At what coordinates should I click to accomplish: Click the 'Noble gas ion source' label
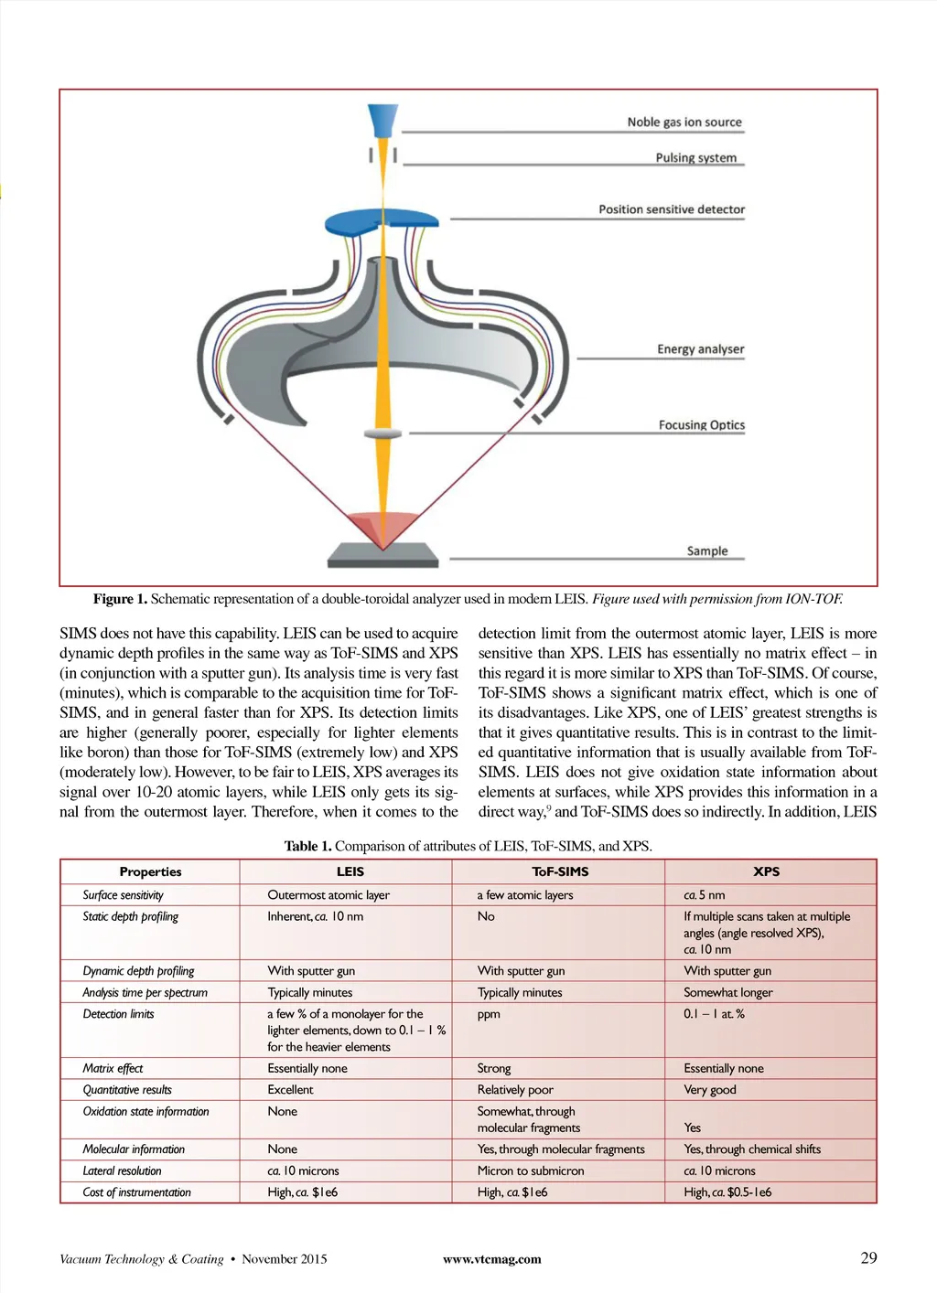(x=684, y=122)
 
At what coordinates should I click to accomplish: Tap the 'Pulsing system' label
(x=695, y=157)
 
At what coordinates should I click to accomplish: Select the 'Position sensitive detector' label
(x=672, y=209)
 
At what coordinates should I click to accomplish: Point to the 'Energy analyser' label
(x=700, y=349)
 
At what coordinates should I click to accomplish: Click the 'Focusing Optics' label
(x=701, y=425)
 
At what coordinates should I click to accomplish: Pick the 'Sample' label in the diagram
(x=707, y=550)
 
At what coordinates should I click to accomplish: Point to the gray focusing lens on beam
(x=382, y=433)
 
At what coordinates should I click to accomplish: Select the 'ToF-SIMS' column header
(x=560, y=871)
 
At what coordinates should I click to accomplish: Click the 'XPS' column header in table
(x=766, y=871)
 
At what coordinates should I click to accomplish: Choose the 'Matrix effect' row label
(x=113, y=1068)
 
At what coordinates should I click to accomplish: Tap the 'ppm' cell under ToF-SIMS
(x=489, y=1014)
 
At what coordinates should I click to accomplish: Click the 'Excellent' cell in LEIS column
(x=290, y=1090)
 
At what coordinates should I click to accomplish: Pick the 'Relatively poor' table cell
(x=515, y=1090)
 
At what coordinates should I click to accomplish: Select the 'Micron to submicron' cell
(x=531, y=1170)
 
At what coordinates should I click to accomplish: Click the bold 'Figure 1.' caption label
(x=120, y=599)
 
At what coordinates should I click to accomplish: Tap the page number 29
(x=868, y=1257)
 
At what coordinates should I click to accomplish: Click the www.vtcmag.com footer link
(x=491, y=1259)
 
